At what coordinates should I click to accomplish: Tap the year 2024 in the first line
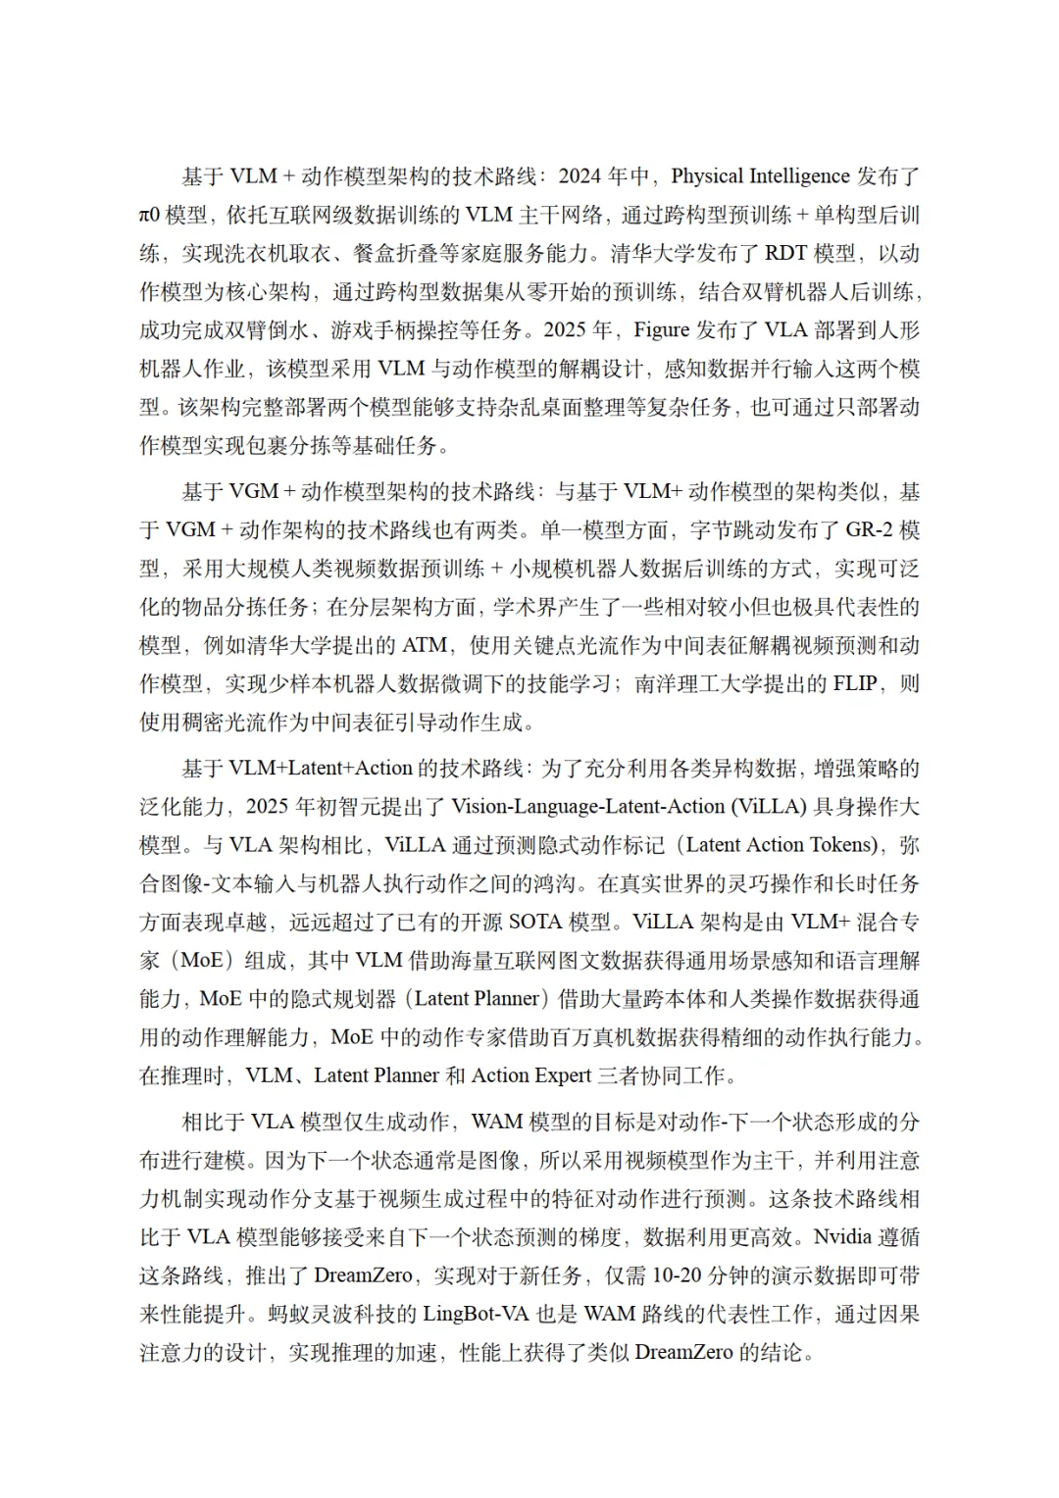point(580,176)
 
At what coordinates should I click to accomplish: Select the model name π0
point(150,215)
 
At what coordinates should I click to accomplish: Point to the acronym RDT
point(785,253)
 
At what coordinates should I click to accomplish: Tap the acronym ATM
point(425,645)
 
